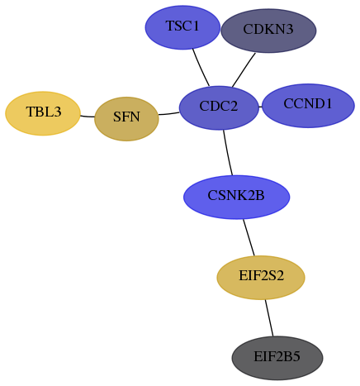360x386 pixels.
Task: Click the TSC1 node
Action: [x=182, y=27]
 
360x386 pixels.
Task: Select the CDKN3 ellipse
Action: [x=268, y=31]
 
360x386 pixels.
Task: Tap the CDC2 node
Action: [x=219, y=107]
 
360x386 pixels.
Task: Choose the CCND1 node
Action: [x=308, y=106]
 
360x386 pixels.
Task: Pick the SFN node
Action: [x=126, y=119]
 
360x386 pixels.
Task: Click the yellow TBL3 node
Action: [x=43, y=113]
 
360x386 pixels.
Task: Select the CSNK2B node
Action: [x=236, y=197]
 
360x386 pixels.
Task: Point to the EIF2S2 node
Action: [x=261, y=278]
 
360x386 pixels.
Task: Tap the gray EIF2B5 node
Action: [x=277, y=358]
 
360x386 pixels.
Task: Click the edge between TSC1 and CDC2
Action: [x=201, y=68]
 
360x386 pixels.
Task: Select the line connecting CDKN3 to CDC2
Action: [x=244, y=70]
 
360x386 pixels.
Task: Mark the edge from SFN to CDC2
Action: [x=169, y=113]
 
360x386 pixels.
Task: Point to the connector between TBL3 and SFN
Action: [x=88, y=117]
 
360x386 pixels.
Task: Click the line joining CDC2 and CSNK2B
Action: [x=228, y=153]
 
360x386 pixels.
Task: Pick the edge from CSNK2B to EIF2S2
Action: [x=249, y=237]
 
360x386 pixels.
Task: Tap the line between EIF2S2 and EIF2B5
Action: [x=269, y=318]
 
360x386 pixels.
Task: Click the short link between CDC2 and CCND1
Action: [x=260, y=107]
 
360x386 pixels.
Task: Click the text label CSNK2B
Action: [x=236, y=196]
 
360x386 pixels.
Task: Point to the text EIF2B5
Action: [x=277, y=356]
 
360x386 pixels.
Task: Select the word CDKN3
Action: [x=268, y=29]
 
